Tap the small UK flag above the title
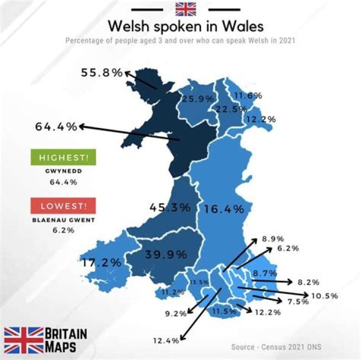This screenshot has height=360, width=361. tap(186, 9)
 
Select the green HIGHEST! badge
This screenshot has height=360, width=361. tap(63, 157)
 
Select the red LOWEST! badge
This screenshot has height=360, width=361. tap(63, 206)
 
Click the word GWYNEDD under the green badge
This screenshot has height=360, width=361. tap(63, 171)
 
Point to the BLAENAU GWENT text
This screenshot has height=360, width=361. tap(63, 219)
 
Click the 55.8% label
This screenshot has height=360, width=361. tap(102, 73)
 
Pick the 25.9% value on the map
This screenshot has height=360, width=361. tap(198, 99)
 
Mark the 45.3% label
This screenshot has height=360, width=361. tap(170, 206)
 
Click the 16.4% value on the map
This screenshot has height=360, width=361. tap(224, 208)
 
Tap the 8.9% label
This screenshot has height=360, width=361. tap(273, 239)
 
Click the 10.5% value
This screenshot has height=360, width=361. tap(324, 296)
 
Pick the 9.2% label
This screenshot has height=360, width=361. tap(176, 314)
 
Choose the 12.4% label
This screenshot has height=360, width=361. tap(166, 341)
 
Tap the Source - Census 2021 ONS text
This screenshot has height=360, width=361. tap(276, 347)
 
